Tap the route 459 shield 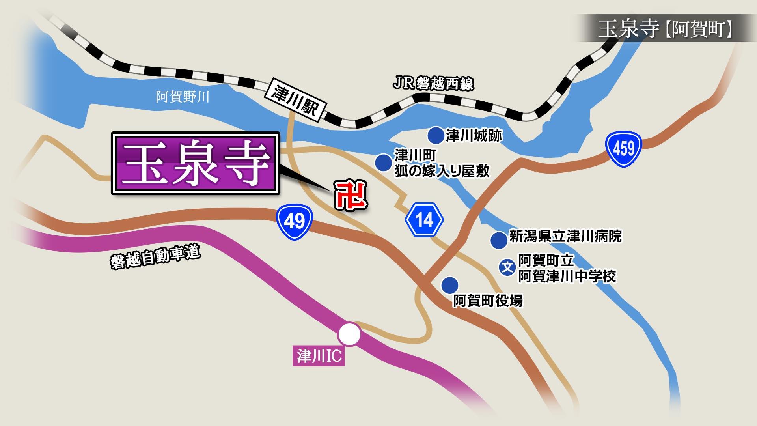(624, 149)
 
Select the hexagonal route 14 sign (424, 220)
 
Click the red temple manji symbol (351, 195)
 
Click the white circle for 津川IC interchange (349, 334)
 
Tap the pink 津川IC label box (319, 356)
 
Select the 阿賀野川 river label (182, 97)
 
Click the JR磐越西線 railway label (433, 84)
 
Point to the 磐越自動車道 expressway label (155, 258)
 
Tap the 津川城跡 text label (474, 136)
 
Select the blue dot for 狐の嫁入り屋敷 (383, 162)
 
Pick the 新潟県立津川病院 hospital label (565, 236)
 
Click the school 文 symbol (507, 267)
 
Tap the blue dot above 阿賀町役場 (450, 284)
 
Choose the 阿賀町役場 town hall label (488, 301)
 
